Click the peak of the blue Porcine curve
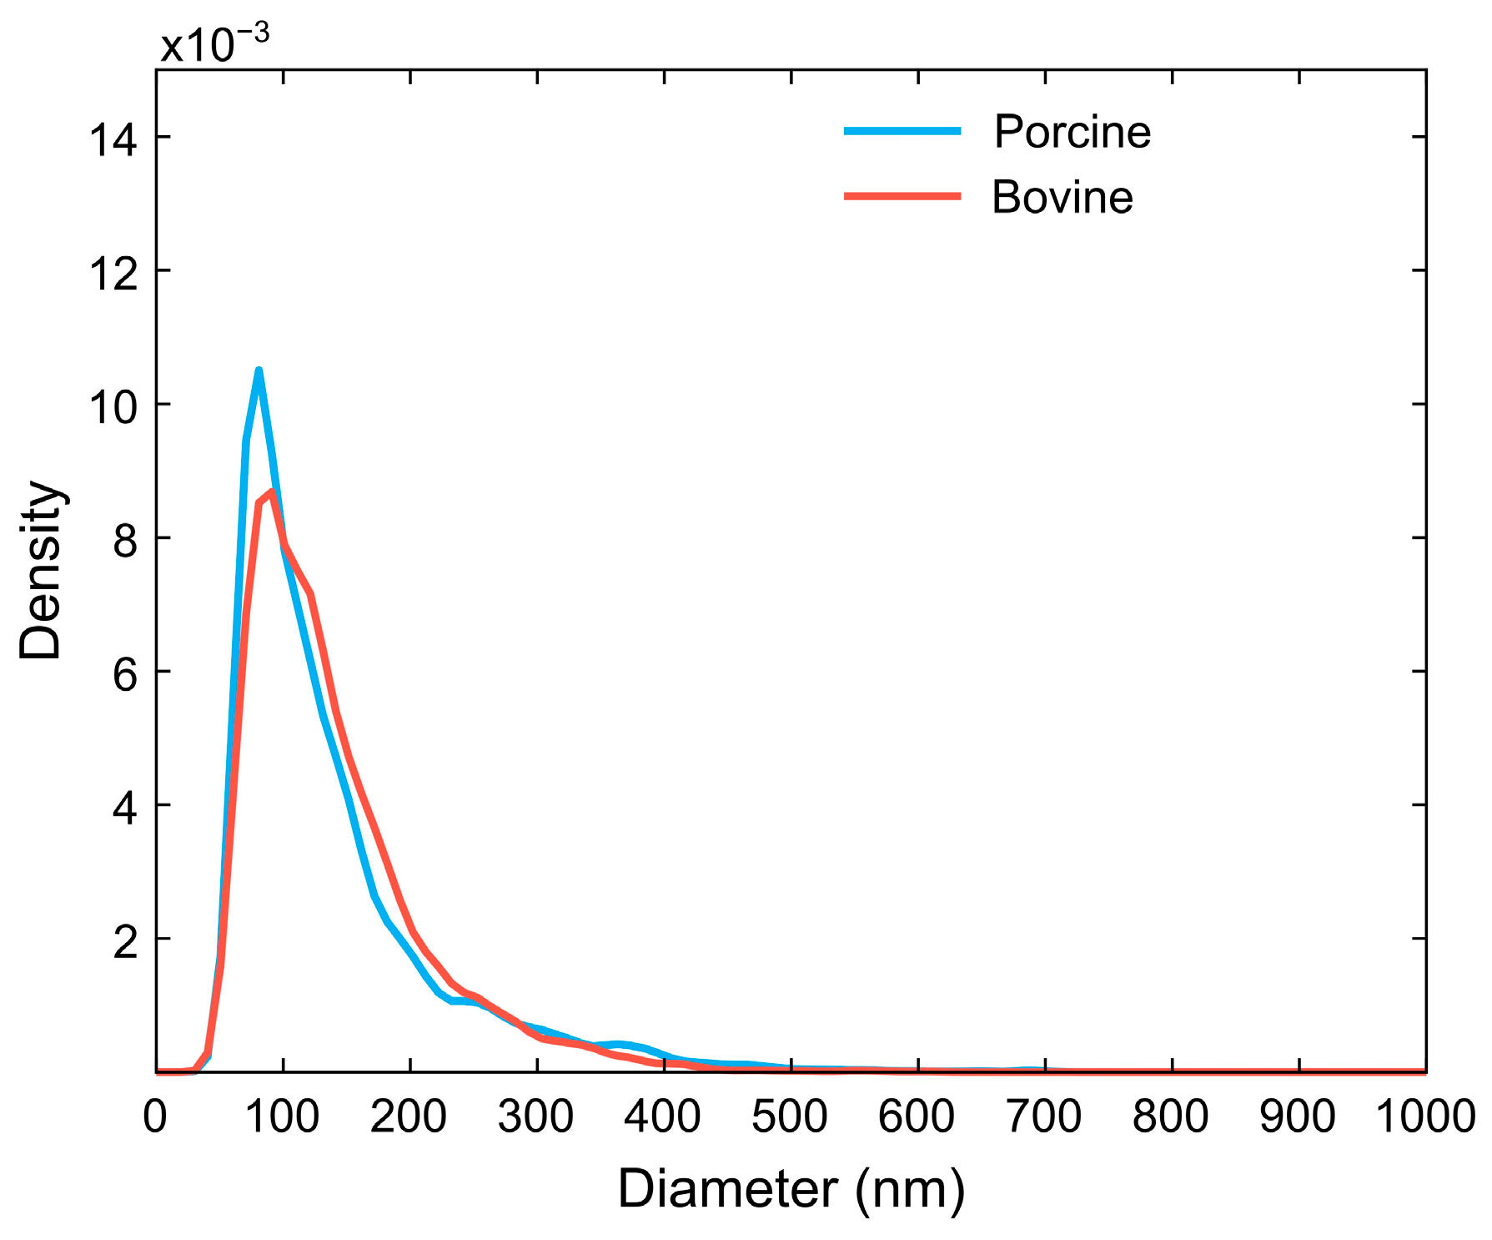(259, 370)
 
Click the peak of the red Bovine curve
(272, 491)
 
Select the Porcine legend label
(1072, 132)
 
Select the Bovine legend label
(1062, 198)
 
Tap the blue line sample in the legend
(902, 131)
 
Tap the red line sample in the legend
(902, 196)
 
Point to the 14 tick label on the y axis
(113, 139)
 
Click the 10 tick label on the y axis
(113, 407)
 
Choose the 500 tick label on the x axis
(790, 1117)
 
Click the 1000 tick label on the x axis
(1424, 1117)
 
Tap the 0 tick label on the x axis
(155, 1117)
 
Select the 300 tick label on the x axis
(535, 1117)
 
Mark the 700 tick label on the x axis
(1043, 1117)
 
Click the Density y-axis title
(41, 570)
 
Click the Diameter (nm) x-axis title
(791, 1188)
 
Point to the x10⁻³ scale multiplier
(214, 43)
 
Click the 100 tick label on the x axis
(282, 1117)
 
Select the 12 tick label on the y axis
(113, 274)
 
